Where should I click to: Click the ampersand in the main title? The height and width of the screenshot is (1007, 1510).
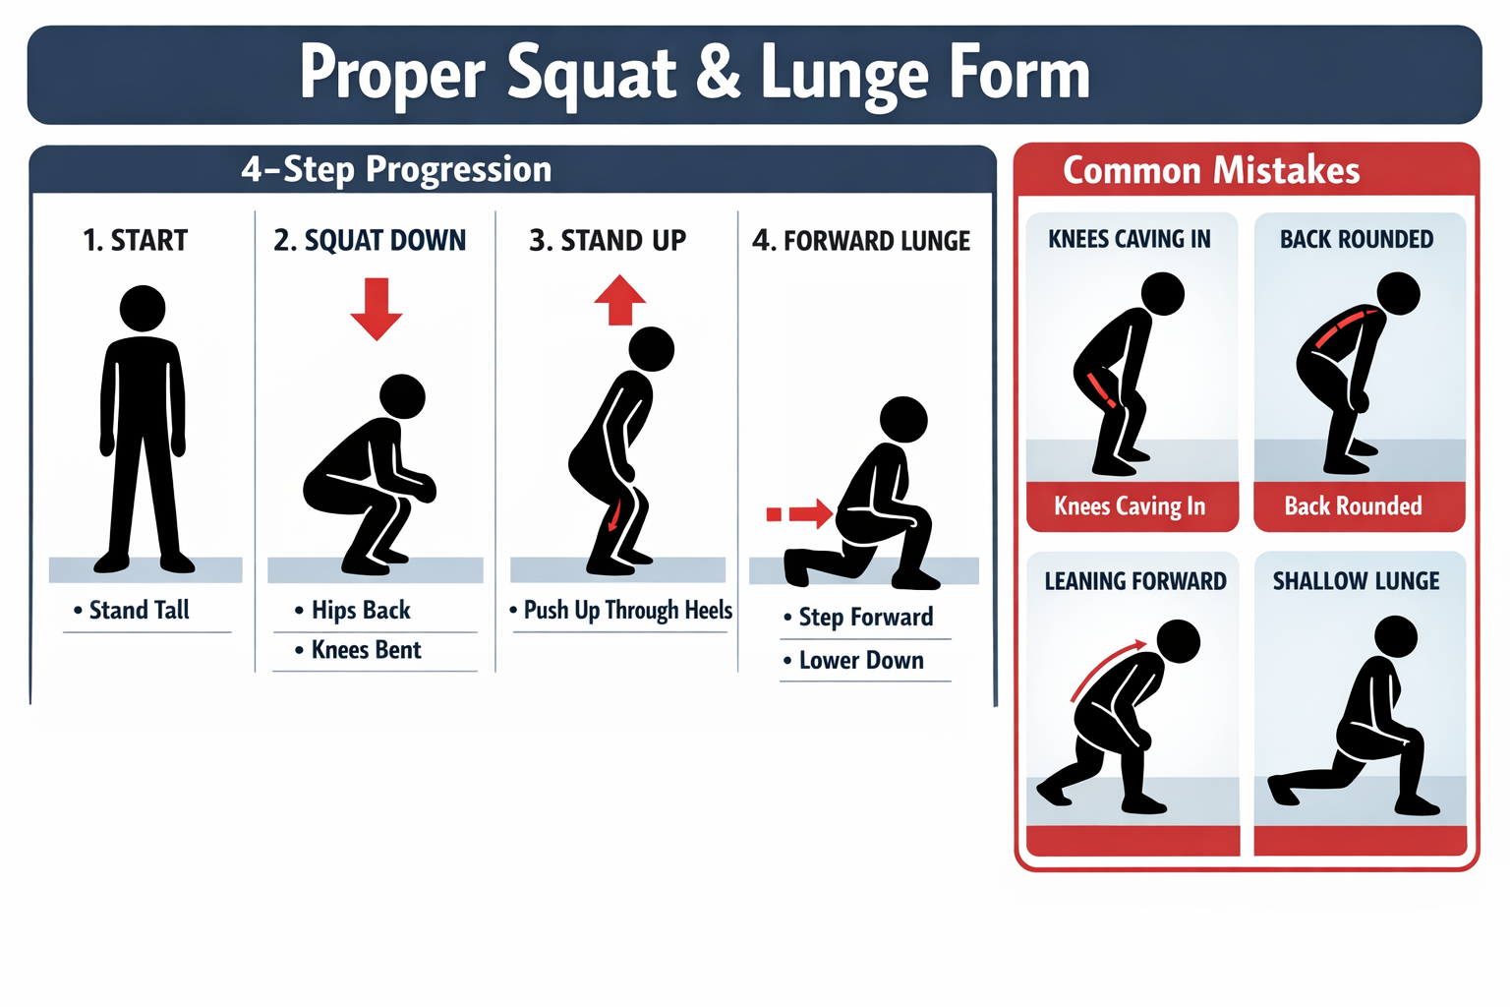pos(722,75)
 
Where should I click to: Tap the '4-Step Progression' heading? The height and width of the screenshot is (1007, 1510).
pos(396,169)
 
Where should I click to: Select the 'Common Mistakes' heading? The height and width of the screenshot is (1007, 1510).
pos(1211,170)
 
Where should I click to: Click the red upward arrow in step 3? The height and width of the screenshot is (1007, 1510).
pos(619,300)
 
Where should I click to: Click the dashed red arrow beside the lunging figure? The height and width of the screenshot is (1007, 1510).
pos(800,513)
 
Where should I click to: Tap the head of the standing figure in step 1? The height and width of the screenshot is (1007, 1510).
pos(143,309)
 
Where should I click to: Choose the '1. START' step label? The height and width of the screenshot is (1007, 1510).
pos(135,240)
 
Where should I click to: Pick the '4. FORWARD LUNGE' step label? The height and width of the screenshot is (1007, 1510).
pos(861,241)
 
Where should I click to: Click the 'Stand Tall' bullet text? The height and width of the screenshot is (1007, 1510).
pos(139,610)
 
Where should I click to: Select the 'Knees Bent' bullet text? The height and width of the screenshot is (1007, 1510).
pos(366,650)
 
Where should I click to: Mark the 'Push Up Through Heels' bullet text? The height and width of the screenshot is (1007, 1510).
pos(627,610)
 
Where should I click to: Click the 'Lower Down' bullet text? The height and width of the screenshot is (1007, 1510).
pos(861,661)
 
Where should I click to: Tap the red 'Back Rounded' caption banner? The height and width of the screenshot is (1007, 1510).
pos(1353,506)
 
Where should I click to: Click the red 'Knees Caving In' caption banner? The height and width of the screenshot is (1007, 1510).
pos(1130,506)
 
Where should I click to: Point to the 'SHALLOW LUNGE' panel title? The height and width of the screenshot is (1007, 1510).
pos(1356,581)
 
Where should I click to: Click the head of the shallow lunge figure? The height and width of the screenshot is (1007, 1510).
pos(1395,636)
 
